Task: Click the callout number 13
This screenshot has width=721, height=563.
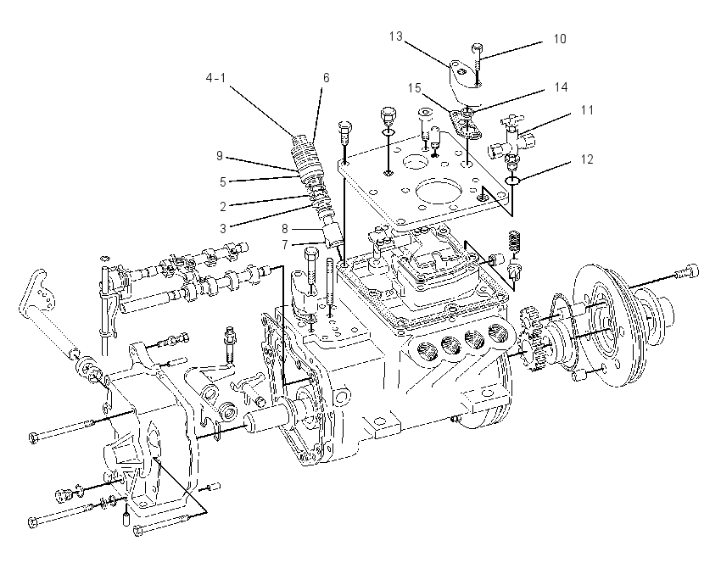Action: tap(395, 36)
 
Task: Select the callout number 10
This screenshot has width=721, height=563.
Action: tap(560, 39)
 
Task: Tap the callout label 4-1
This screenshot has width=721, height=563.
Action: tap(215, 78)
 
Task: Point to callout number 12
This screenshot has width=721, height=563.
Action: tap(587, 159)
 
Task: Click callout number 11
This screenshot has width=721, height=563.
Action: tap(587, 110)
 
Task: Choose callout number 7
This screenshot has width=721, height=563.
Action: tap(285, 245)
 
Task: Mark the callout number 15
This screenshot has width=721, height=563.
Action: tap(415, 87)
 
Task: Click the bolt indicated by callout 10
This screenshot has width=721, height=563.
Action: tap(477, 64)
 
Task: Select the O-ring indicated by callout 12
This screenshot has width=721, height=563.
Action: tap(512, 180)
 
